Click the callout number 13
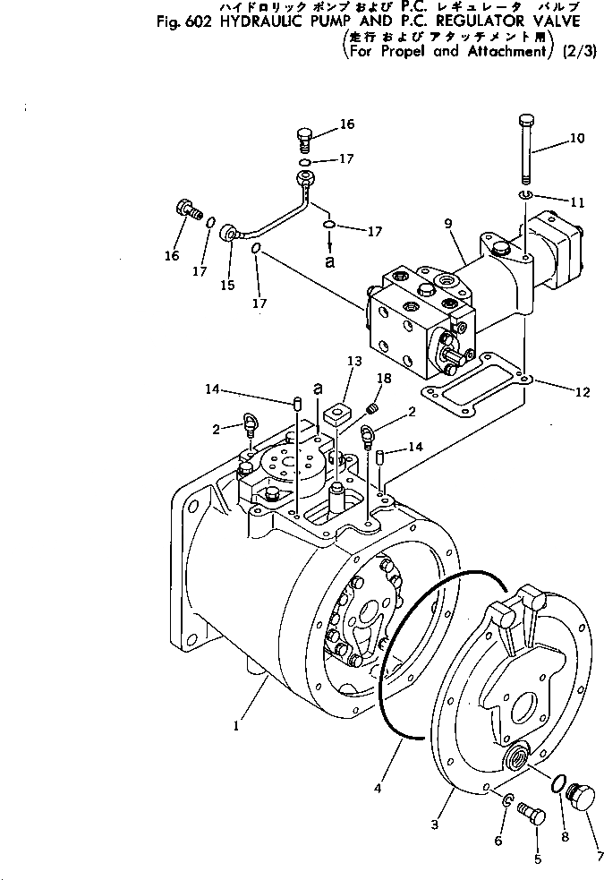tap(356, 360)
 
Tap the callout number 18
tap(384, 380)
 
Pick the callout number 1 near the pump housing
tap(236, 727)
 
